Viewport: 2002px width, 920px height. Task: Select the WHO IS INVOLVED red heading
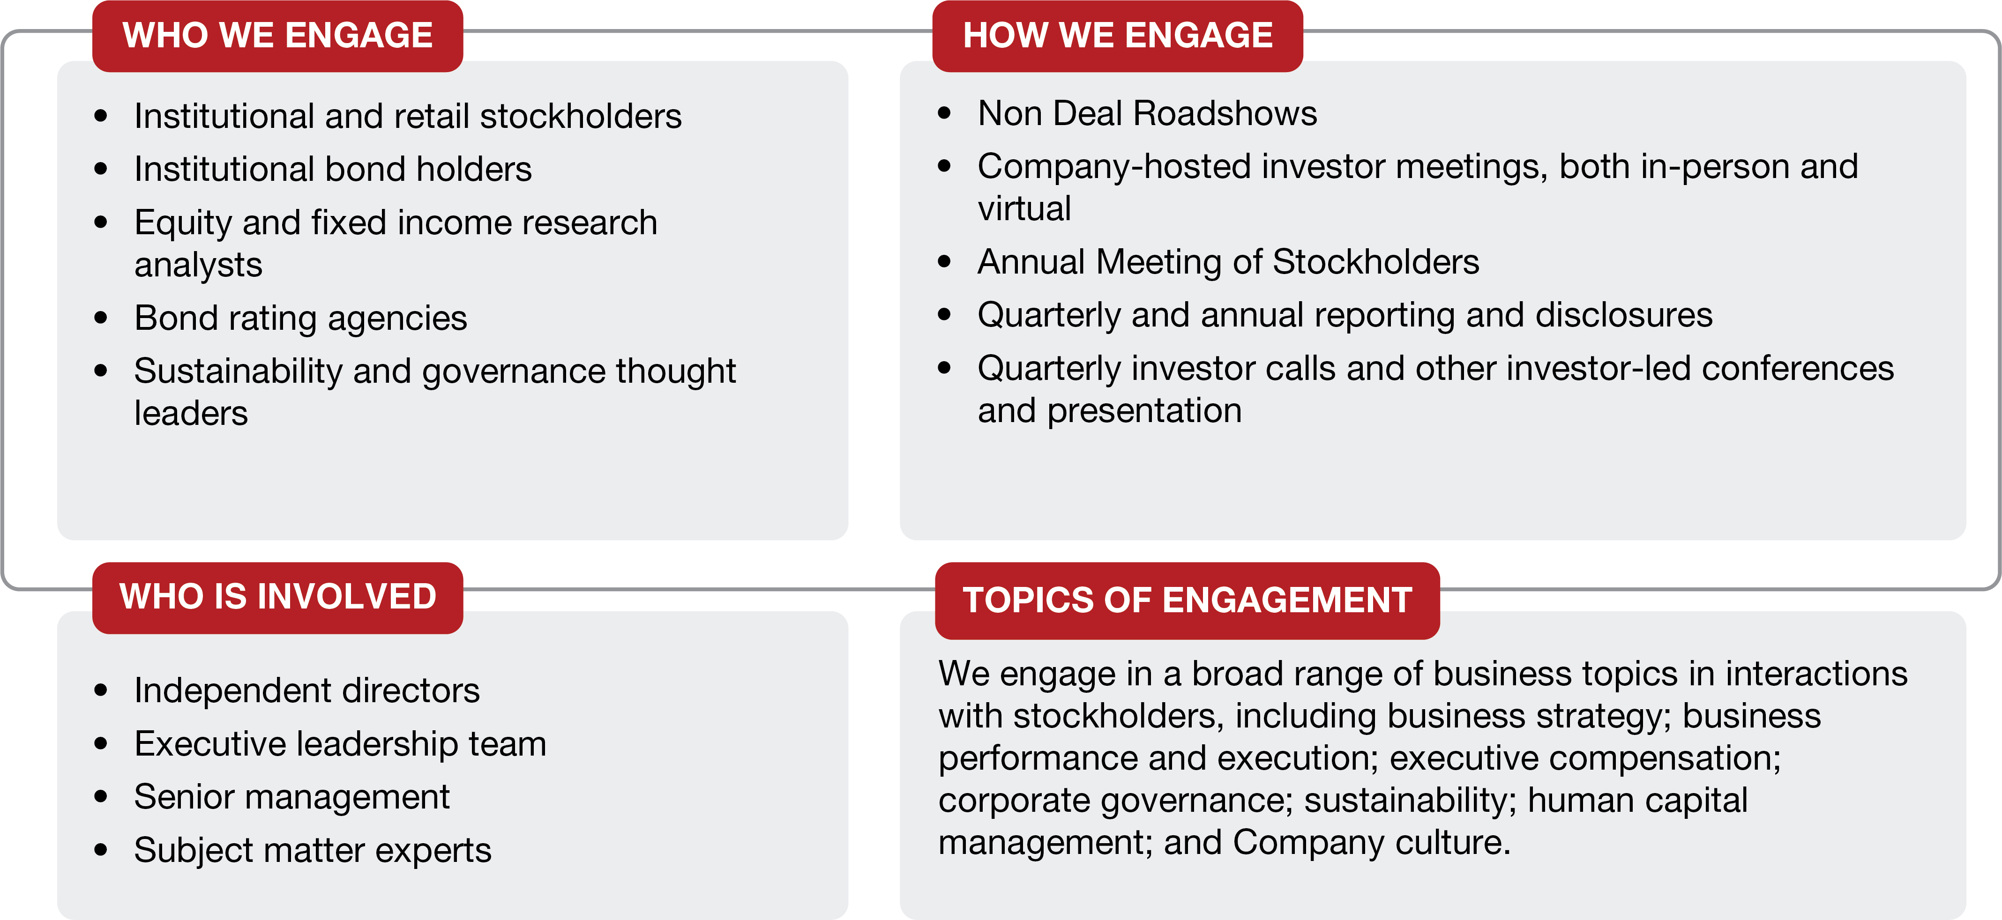coord(277,598)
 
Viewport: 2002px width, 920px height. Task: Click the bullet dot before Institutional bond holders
coord(100,169)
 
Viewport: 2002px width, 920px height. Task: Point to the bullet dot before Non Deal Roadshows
coord(944,113)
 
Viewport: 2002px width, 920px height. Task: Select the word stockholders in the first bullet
coord(581,117)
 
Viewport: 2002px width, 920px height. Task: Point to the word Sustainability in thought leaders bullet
coord(238,371)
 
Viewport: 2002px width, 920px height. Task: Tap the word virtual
coord(1024,209)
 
